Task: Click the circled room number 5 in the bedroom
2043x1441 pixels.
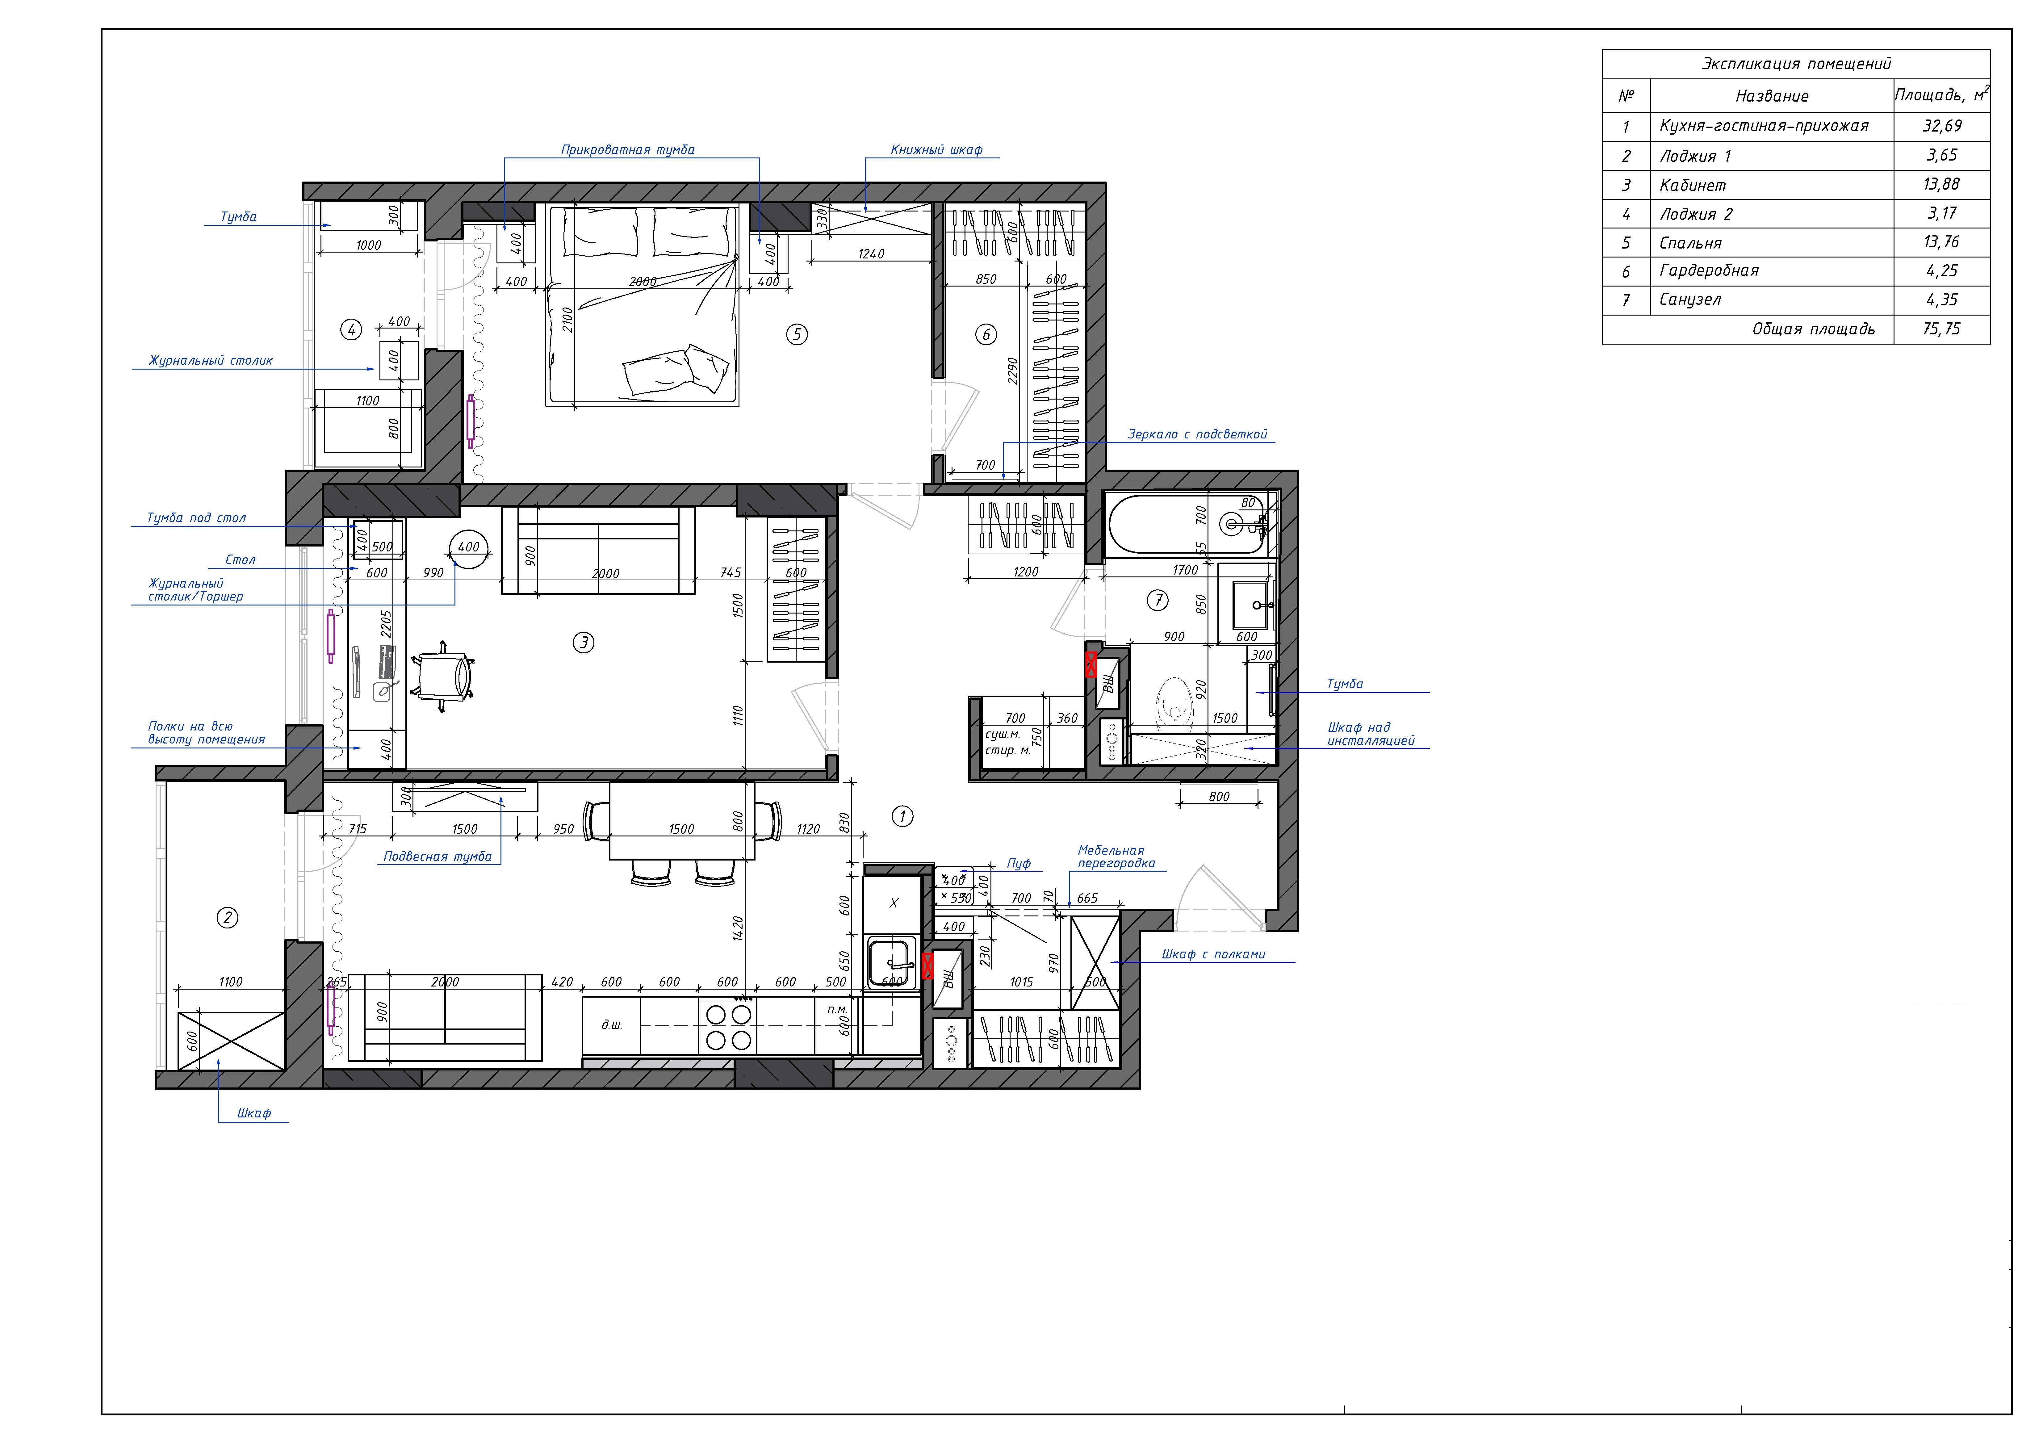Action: tap(796, 335)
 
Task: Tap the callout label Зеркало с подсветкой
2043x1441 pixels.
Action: tap(1197, 434)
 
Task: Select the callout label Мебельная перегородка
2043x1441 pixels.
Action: tap(1116, 856)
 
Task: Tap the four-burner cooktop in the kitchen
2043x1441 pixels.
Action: tap(729, 1025)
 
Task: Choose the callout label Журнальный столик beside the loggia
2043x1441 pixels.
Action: tap(211, 360)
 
